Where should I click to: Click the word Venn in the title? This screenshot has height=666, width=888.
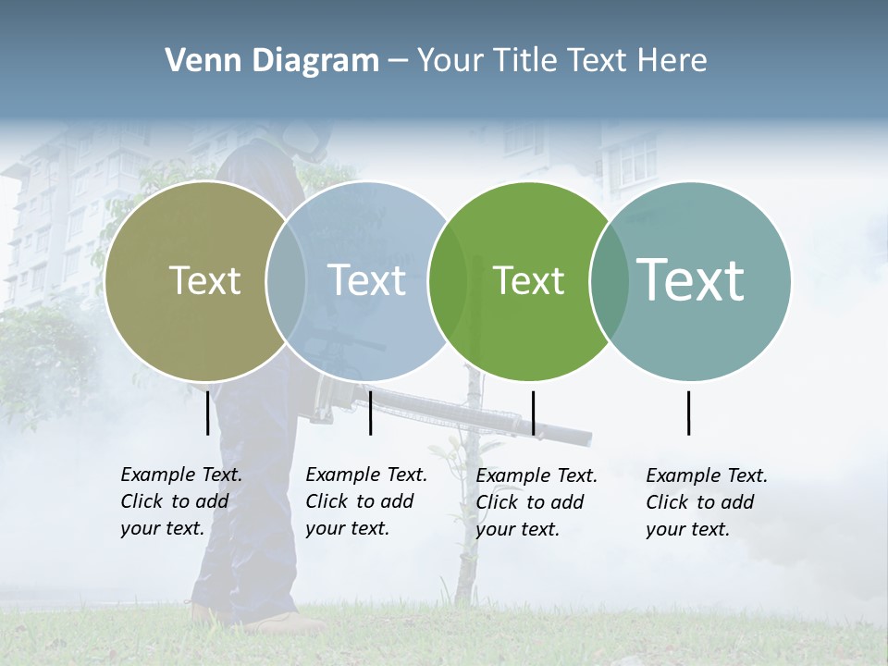point(197,61)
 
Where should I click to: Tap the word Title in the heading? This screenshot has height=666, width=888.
point(527,61)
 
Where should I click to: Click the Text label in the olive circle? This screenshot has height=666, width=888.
point(204,280)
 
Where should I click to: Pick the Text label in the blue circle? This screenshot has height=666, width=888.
point(367,280)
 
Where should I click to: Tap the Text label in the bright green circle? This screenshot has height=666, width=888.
point(528,280)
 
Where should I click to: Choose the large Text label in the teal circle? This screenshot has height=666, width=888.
point(691,279)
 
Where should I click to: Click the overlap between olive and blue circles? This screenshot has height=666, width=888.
point(286,280)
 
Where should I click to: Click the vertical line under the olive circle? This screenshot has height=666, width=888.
point(207,413)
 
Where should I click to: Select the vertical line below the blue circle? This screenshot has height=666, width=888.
point(370,413)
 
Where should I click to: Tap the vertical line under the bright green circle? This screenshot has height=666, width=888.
point(533,413)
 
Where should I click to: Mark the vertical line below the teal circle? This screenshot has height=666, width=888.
point(688,413)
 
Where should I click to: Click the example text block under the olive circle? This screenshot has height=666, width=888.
point(180,501)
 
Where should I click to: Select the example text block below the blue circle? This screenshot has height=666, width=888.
point(365,501)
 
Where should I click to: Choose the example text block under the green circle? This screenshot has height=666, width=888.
point(536,502)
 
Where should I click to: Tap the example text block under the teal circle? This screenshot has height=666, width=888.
point(706,502)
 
